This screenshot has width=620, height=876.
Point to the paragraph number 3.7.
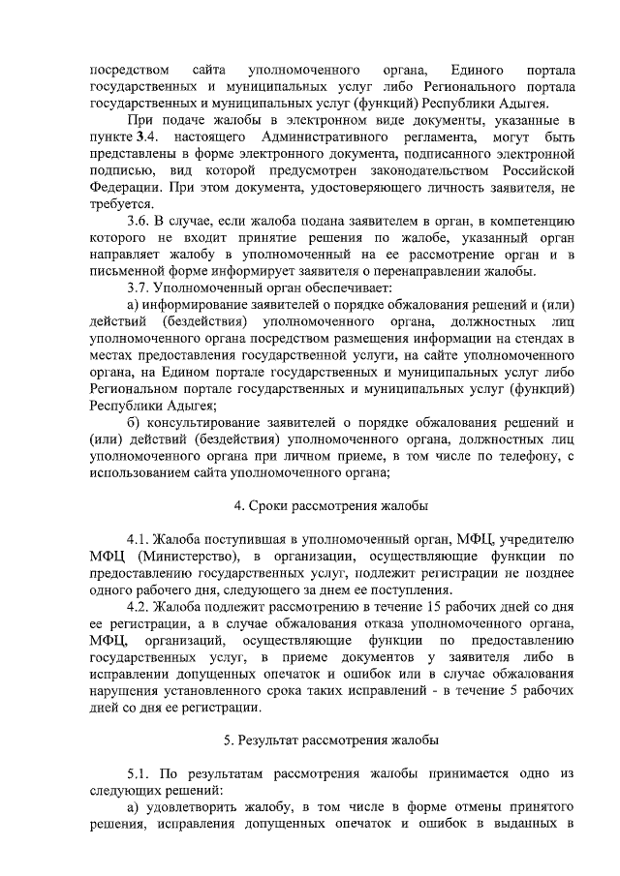[139, 288]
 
